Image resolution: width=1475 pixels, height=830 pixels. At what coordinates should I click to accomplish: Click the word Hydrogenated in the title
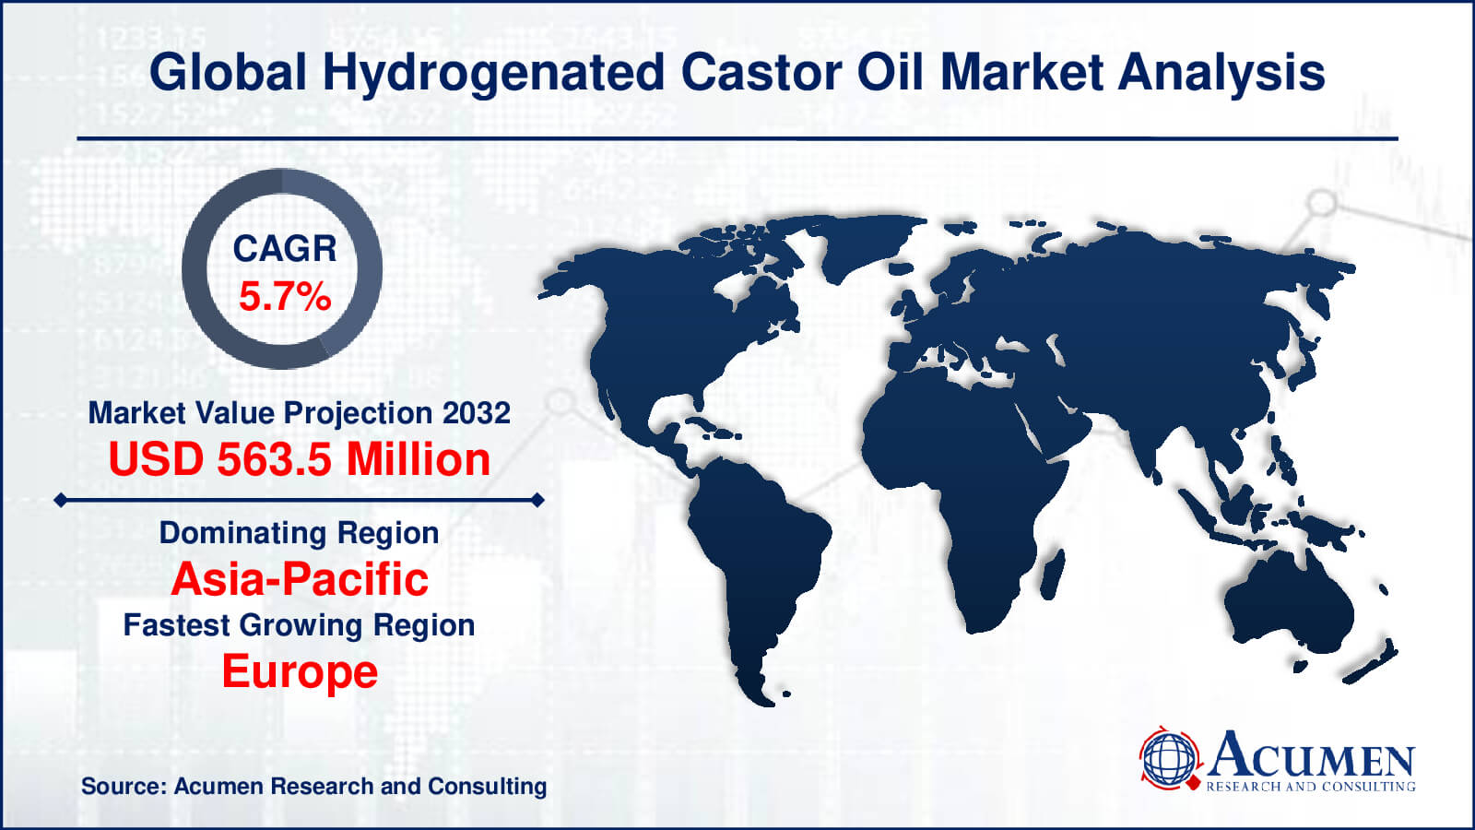tap(493, 74)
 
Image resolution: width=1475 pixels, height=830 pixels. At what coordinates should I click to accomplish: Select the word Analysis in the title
tap(1221, 74)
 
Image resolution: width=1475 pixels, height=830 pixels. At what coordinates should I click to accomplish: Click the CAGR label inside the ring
tap(284, 248)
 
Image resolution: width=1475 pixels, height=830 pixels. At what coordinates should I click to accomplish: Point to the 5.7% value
tap(284, 297)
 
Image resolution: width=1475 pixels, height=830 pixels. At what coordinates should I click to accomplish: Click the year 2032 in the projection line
tap(476, 412)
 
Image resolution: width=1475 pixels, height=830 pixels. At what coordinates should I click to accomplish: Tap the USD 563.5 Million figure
tap(299, 459)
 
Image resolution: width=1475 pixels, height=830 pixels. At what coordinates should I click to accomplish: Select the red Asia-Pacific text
tap(300, 579)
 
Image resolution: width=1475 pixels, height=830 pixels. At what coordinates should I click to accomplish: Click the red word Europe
tap(300, 671)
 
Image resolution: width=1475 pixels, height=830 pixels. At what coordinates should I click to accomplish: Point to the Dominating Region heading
tap(299, 533)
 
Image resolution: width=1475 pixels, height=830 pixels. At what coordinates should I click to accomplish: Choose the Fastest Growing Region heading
tap(299, 625)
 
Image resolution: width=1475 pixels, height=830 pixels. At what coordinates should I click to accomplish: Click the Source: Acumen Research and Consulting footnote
tap(313, 787)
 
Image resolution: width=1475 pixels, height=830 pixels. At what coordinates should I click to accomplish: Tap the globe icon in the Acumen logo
tap(1169, 758)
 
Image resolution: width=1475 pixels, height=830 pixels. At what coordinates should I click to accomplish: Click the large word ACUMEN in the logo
tap(1311, 756)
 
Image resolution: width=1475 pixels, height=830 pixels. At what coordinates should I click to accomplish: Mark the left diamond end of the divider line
tap(60, 500)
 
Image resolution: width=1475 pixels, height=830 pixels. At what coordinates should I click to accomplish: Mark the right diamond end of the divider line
tap(538, 500)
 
